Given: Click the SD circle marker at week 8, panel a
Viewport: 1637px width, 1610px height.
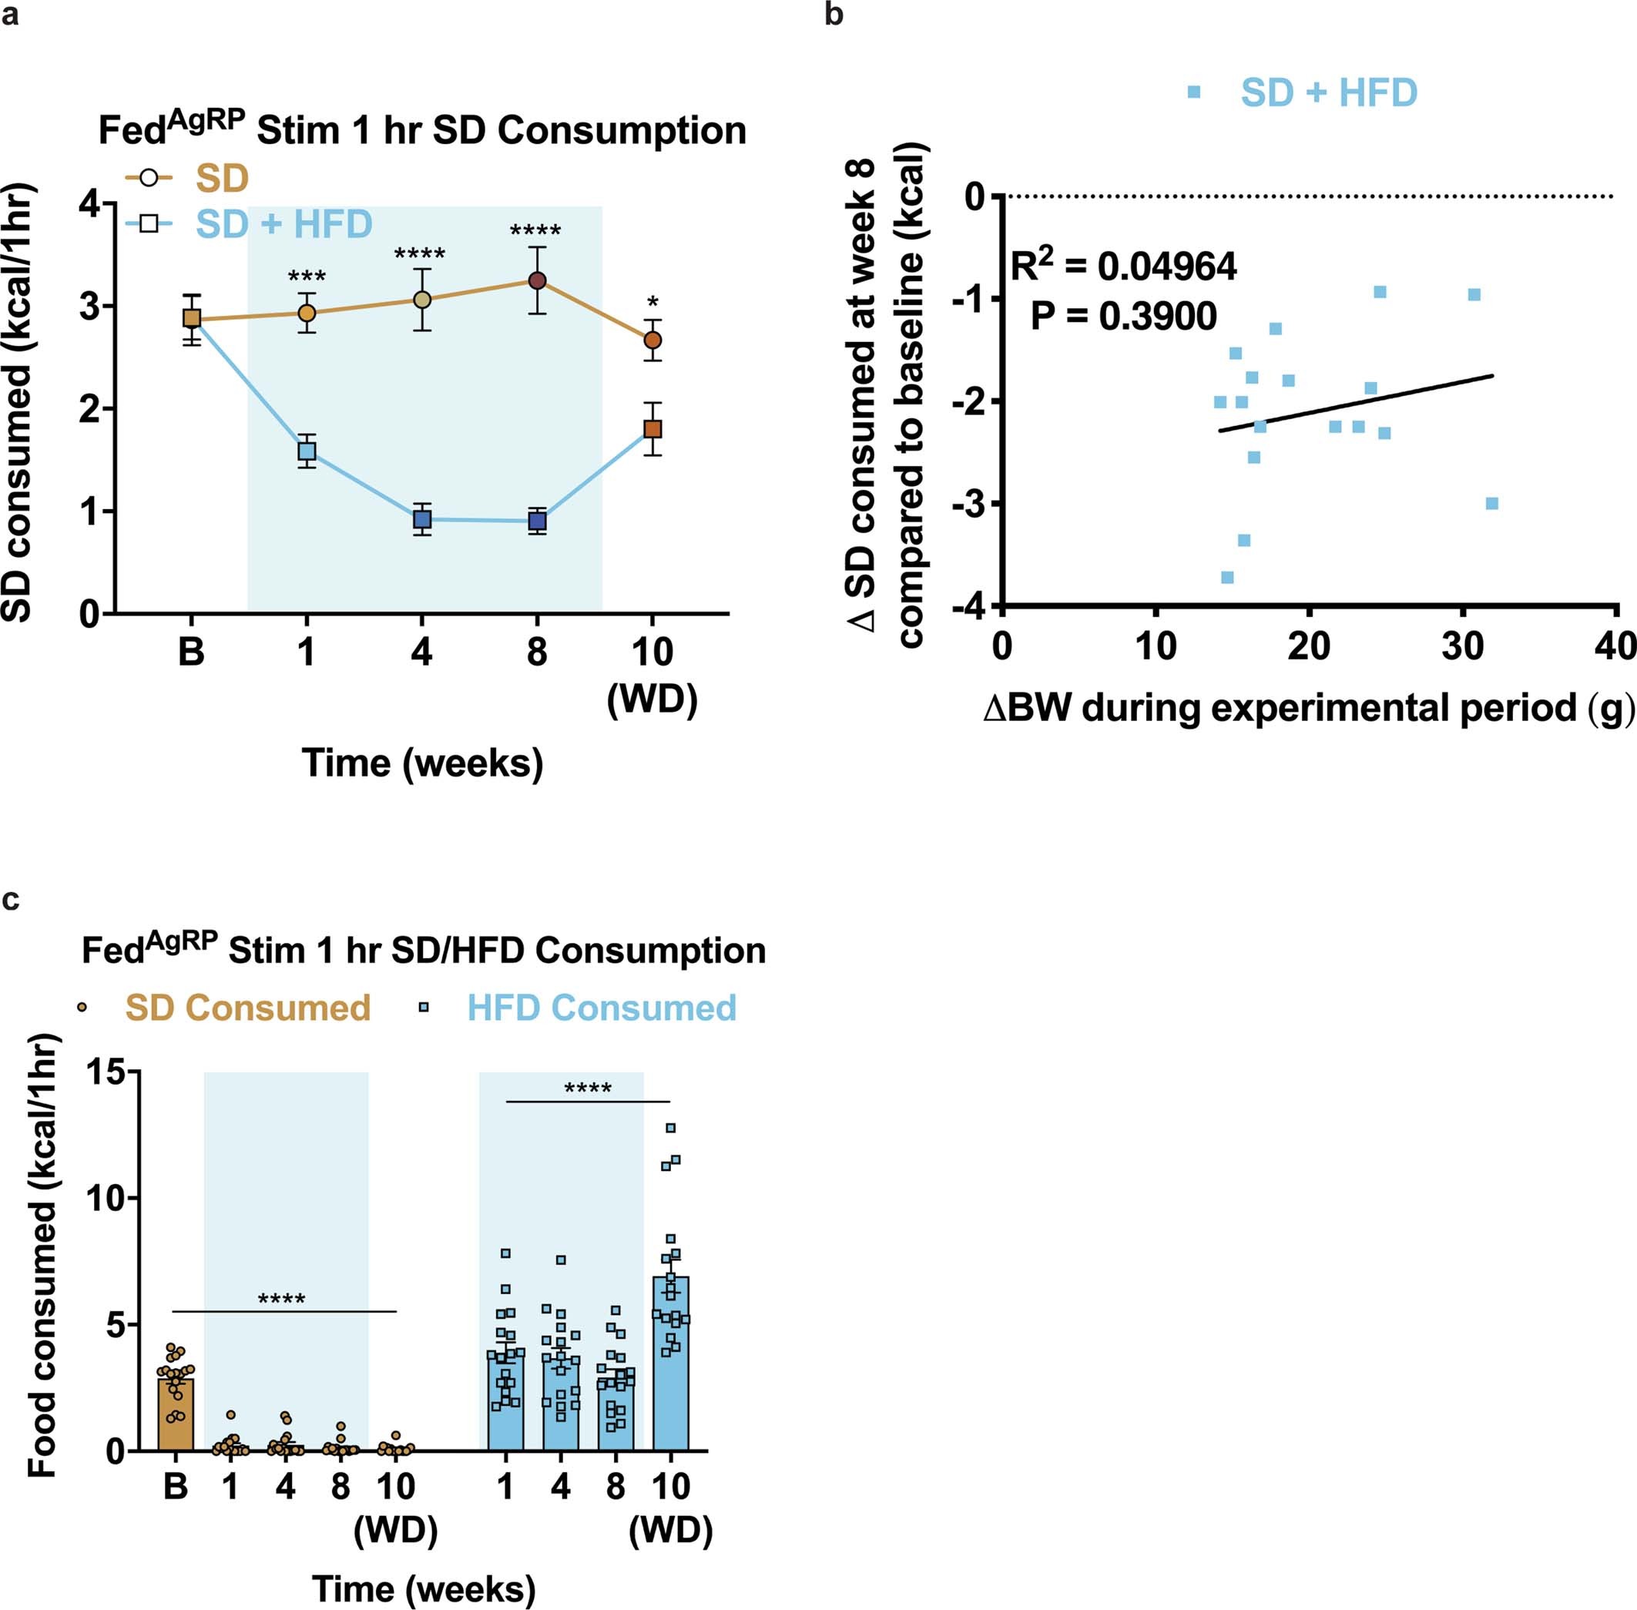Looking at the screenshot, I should coord(537,280).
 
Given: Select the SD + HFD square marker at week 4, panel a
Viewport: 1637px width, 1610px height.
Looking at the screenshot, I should coord(422,519).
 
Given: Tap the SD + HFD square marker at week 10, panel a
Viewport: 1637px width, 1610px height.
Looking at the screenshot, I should coord(652,429).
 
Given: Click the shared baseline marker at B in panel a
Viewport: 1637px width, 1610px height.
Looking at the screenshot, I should coord(192,318).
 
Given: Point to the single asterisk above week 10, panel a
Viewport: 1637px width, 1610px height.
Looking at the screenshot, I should coord(652,302).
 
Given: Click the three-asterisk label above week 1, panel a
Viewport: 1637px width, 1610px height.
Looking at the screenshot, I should coord(306,277).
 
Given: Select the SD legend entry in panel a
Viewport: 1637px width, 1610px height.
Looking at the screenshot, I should coord(222,179).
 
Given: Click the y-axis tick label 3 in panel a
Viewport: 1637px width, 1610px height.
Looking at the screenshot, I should coord(89,307).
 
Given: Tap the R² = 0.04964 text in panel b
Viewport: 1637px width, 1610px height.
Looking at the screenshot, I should coord(1124,267).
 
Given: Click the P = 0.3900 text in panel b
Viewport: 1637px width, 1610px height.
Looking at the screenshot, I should coord(1124,317).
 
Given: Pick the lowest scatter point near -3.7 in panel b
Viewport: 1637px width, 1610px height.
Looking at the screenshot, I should coord(1227,578).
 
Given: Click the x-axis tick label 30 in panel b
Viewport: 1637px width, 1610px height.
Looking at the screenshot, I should coord(1462,647).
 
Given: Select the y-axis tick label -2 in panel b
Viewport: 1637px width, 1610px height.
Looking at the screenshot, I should coord(968,401).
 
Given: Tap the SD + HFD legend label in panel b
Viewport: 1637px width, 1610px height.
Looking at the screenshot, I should coord(1328,92).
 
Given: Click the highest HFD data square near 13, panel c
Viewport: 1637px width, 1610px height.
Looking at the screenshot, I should coord(670,1128).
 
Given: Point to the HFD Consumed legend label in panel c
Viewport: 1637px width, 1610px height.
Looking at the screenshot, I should coord(601,1008).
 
